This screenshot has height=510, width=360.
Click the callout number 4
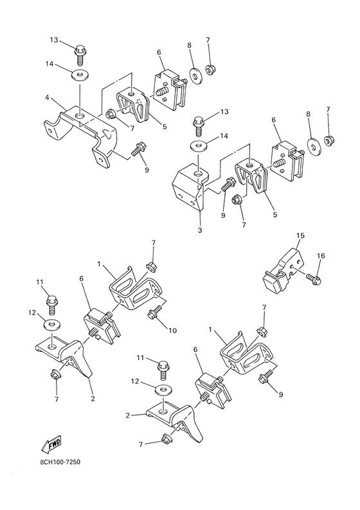[x=47, y=98]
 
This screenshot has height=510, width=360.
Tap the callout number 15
[x=300, y=236]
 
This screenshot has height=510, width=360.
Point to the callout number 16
[x=321, y=257]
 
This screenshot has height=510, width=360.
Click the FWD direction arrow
[x=49, y=444]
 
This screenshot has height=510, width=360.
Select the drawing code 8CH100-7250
[x=58, y=462]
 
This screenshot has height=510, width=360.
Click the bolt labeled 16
[x=313, y=278]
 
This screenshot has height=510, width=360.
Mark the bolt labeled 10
[x=154, y=313]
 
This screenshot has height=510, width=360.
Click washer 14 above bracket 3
[x=199, y=145]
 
